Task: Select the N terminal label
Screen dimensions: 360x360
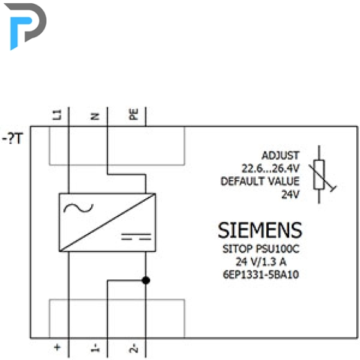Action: [95, 117]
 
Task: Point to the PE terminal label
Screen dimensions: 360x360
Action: [133, 114]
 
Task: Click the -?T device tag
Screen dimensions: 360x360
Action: [12, 138]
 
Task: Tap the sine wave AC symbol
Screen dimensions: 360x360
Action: [79, 208]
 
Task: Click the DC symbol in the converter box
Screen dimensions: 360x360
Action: [136, 236]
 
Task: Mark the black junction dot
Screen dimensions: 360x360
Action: [146, 281]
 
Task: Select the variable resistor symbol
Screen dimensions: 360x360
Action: [321, 174]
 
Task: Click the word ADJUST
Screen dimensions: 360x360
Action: [281, 155]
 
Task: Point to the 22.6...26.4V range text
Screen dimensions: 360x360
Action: [271, 169]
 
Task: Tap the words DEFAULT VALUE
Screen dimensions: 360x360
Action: [260, 181]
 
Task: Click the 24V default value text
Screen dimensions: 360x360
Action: [290, 194]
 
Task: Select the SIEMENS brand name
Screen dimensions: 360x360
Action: [260, 230]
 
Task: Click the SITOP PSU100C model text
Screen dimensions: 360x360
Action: [261, 249]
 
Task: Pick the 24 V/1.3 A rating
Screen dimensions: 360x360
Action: [261, 262]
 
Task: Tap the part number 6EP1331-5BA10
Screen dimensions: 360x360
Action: [261, 274]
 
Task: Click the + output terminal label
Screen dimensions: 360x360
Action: [57, 347]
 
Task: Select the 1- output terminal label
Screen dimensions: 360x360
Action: [96, 348]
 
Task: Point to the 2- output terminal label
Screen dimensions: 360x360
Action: [134, 348]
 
